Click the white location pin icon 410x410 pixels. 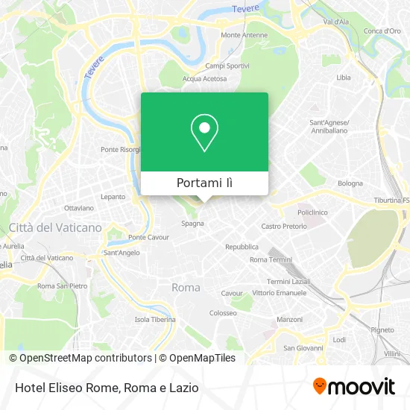tap(204, 132)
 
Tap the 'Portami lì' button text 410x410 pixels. tap(204, 183)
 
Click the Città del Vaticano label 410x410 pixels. tap(55, 227)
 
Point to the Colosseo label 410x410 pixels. tap(223, 313)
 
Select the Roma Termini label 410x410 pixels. tap(271, 259)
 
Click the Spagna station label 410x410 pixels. tap(192, 223)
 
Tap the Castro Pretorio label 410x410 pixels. tap(284, 226)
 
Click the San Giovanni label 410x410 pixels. tap(303, 347)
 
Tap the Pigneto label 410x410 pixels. tap(382, 329)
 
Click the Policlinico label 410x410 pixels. tap(313, 212)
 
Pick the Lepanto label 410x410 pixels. tap(113, 197)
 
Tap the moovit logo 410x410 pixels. tap(353, 387)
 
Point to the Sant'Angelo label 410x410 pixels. tap(122, 253)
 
